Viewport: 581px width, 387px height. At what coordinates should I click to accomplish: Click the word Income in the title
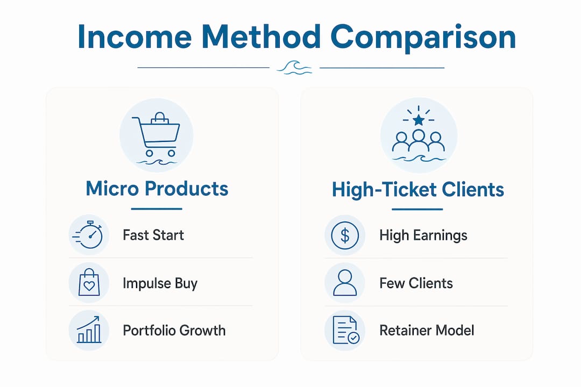click(134, 37)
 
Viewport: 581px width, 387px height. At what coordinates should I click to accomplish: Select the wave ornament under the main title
click(295, 68)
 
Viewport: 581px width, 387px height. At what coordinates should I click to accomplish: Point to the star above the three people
click(419, 120)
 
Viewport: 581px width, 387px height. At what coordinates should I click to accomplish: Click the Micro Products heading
click(157, 188)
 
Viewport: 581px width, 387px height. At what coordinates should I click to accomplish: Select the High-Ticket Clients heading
click(417, 190)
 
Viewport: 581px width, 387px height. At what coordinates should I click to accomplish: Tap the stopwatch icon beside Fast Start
click(88, 235)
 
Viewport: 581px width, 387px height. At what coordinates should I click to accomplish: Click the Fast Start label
click(153, 235)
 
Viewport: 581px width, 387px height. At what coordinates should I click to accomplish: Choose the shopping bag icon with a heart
click(89, 282)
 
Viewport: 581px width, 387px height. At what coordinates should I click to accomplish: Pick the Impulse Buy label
click(160, 283)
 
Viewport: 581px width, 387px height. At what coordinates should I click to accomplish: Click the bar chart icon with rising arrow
click(89, 329)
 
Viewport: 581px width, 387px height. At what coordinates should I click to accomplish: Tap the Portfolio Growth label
click(174, 331)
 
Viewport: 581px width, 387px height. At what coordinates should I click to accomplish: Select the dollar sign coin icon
click(345, 235)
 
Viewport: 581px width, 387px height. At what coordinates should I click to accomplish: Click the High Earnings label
click(423, 235)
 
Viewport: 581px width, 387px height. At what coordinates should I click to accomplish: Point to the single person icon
click(345, 283)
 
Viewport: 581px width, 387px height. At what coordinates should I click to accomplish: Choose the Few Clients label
click(416, 283)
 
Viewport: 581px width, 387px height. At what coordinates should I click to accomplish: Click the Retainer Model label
click(427, 331)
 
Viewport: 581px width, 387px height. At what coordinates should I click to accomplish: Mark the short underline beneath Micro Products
click(157, 209)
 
